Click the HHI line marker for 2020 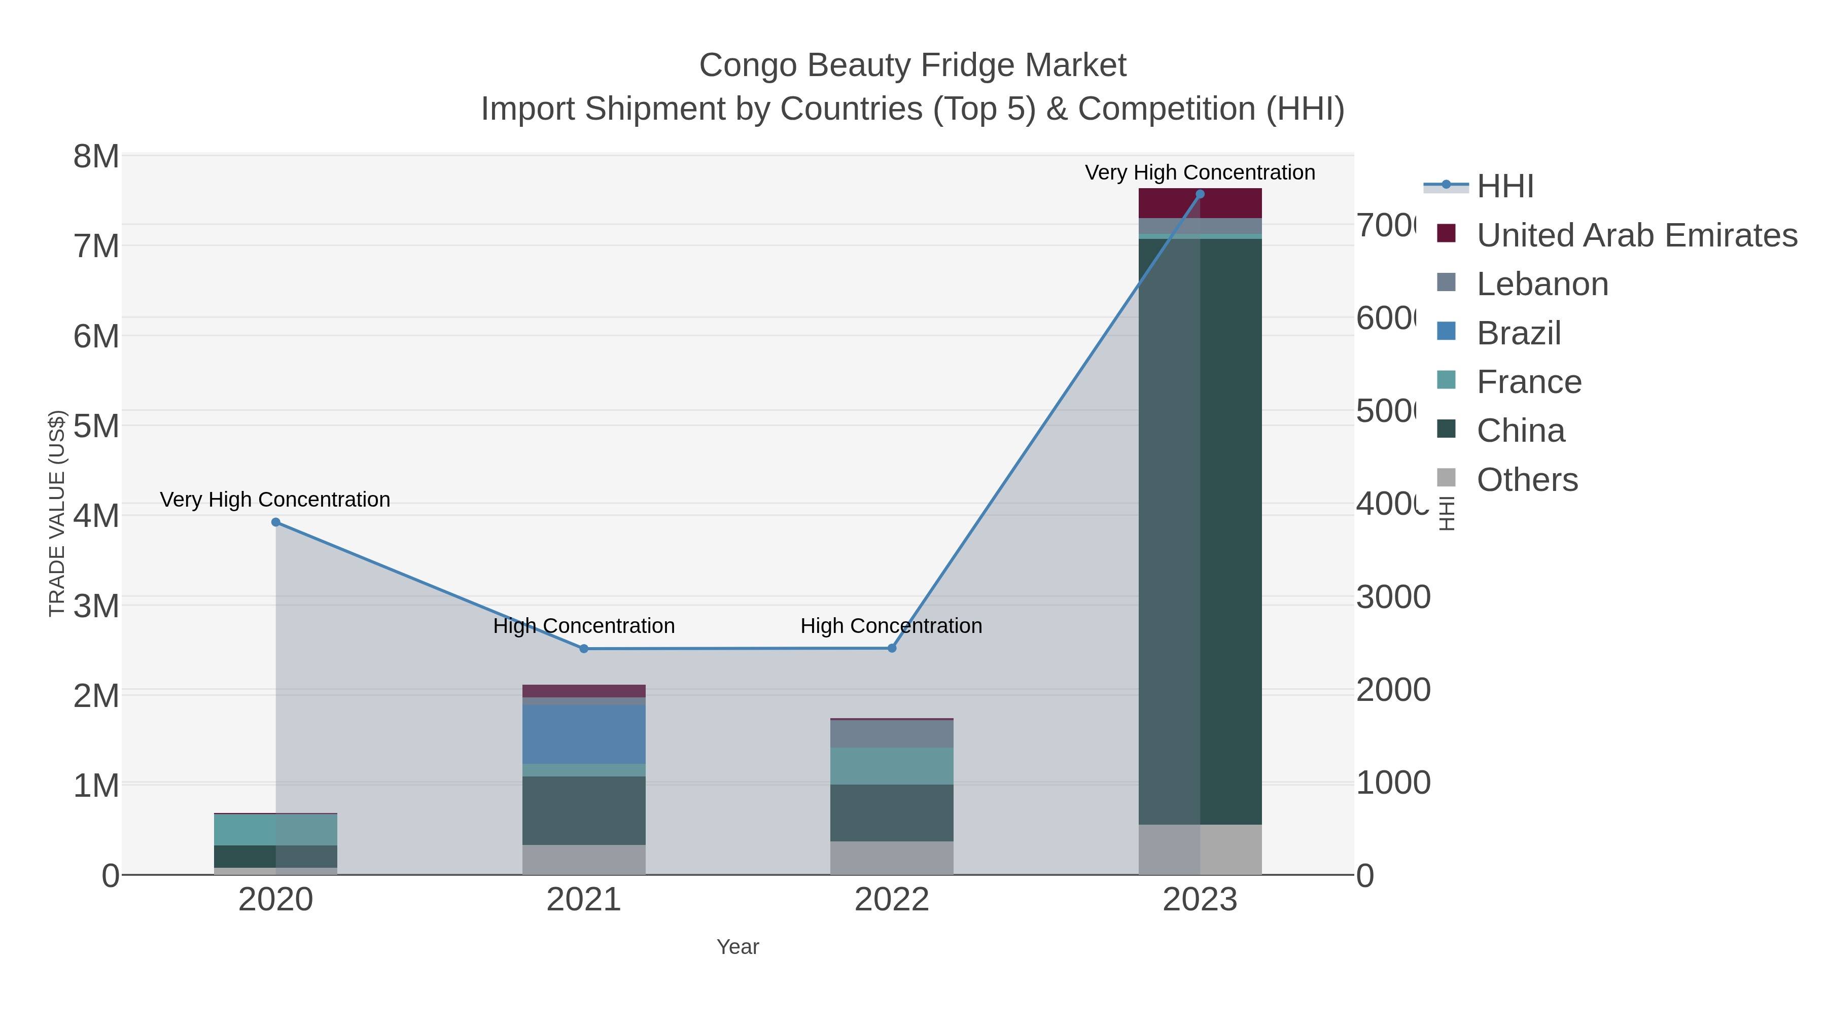pyautogui.click(x=276, y=522)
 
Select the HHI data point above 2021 pyautogui.click(x=584, y=649)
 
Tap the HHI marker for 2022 pyautogui.click(x=892, y=648)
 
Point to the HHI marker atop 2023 pyautogui.click(x=1200, y=194)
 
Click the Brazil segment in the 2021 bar pyautogui.click(x=584, y=733)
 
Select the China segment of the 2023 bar pyautogui.click(x=1200, y=532)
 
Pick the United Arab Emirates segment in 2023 pyautogui.click(x=1200, y=203)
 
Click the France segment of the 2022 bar pyautogui.click(x=892, y=765)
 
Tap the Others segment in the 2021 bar pyautogui.click(x=584, y=859)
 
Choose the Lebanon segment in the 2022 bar pyautogui.click(x=892, y=733)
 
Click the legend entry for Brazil pyautogui.click(x=1518, y=333)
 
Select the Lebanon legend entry pyautogui.click(x=1542, y=284)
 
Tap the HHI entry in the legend pyautogui.click(x=1505, y=187)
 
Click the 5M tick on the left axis pyautogui.click(x=96, y=426)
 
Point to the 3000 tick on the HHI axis pyautogui.click(x=1393, y=597)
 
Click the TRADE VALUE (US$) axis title pyautogui.click(x=57, y=513)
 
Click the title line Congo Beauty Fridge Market pyautogui.click(x=912, y=65)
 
